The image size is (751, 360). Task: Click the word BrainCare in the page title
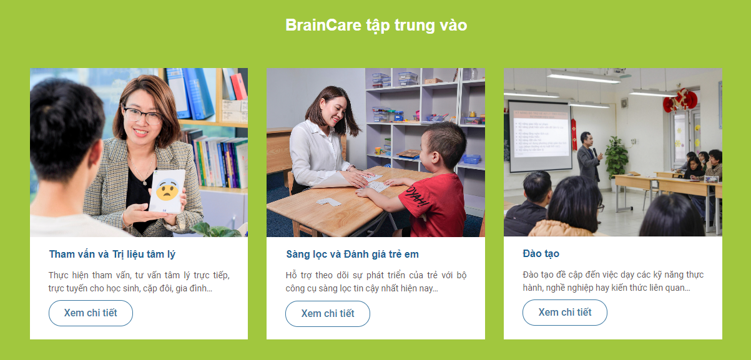click(323, 25)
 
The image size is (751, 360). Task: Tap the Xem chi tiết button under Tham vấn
click(91, 313)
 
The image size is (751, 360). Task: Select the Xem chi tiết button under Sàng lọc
click(328, 314)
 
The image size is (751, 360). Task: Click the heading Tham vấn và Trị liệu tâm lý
click(112, 255)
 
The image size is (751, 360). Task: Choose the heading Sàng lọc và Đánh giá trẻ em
click(352, 255)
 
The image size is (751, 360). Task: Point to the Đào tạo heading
click(541, 253)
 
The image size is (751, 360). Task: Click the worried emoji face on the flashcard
click(167, 190)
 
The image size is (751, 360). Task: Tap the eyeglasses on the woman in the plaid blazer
click(142, 115)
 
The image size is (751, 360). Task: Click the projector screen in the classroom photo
click(540, 136)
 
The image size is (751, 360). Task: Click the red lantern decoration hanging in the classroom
click(680, 100)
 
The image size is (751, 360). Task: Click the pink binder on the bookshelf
click(238, 87)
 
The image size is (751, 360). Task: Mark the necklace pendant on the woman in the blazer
click(144, 183)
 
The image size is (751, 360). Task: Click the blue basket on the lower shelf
click(471, 159)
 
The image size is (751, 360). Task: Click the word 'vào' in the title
click(453, 25)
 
